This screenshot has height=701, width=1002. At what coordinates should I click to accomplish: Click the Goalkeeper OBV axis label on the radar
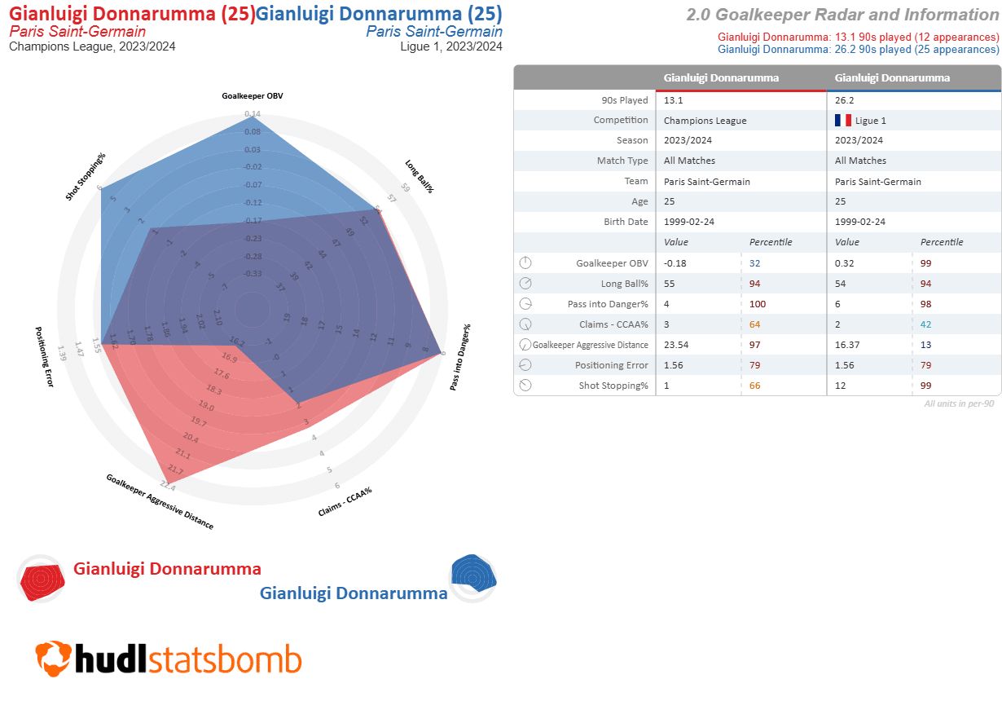pos(253,95)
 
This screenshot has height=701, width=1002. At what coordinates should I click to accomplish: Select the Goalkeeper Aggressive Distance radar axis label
pos(160,501)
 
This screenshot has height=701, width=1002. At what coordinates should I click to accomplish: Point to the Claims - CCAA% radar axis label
pos(345,502)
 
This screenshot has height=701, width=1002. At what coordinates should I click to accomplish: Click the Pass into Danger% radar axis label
pos(460,356)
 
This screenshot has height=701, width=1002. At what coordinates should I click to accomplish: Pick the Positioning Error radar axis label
pos(44,356)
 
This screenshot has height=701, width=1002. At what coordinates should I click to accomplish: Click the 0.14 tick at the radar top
pos(253,114)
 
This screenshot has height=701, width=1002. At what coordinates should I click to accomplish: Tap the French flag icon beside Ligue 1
pos(842,121)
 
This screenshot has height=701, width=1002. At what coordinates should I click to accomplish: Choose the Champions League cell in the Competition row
pos(705,121)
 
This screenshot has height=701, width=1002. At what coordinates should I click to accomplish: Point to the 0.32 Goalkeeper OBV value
pos(845,263)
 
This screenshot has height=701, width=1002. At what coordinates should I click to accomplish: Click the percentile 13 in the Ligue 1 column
pos(925,345)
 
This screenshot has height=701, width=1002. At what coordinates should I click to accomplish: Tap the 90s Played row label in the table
pos(622,100)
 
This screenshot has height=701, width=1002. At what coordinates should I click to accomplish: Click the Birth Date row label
pos(626,222)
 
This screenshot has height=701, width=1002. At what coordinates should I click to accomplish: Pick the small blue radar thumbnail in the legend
pos(473,576)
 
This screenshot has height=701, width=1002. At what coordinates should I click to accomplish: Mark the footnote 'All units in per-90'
pos(959,403)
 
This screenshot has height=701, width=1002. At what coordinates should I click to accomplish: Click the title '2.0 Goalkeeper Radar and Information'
pos(842,15)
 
